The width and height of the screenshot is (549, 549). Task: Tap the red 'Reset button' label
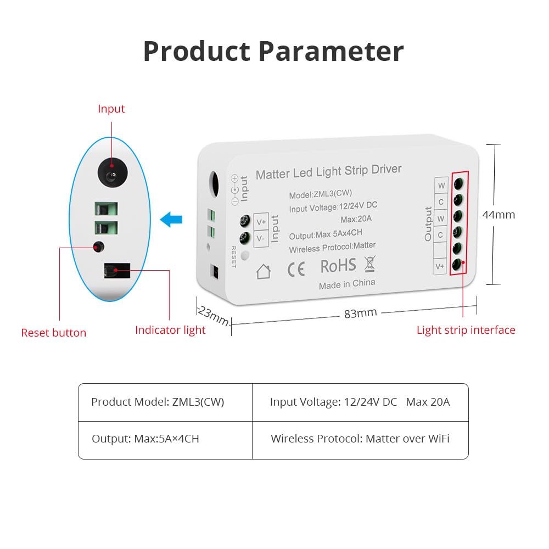(x=53, y=333)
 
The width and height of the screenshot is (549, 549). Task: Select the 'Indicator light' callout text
(x=170, y=330)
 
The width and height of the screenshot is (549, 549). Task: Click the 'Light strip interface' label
(x=466, y=330)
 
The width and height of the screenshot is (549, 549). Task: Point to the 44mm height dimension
(x=498, y=215)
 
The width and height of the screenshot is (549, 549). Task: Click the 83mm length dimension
(x=360, y=313)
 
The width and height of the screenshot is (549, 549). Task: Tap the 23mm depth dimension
(x=214, y=316)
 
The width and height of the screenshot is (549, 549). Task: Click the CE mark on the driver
(x=296, y=269)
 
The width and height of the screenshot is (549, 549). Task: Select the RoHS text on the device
(x=338, y=266)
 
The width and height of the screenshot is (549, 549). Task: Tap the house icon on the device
(x=264, y=271)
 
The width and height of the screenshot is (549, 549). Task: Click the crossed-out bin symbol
(x=369, y=264)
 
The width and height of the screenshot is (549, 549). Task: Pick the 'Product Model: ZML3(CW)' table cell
(x=158, y=402)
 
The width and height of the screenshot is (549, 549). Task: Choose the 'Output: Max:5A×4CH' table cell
(x=145, y=439)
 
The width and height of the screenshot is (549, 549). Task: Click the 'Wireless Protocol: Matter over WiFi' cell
(x=360, y=439)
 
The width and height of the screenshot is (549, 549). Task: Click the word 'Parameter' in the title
(x=331, y=51)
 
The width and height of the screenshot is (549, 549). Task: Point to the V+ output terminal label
(x=440, y=266)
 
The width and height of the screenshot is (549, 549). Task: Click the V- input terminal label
(x=261, y=239)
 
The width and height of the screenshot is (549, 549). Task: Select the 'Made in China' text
(x=347, y=284)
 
